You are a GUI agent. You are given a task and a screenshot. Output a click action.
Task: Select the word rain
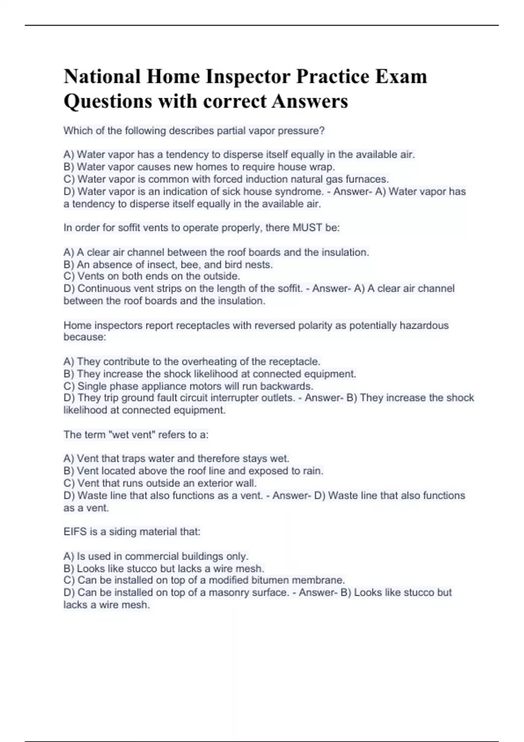(x=313, y=471)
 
